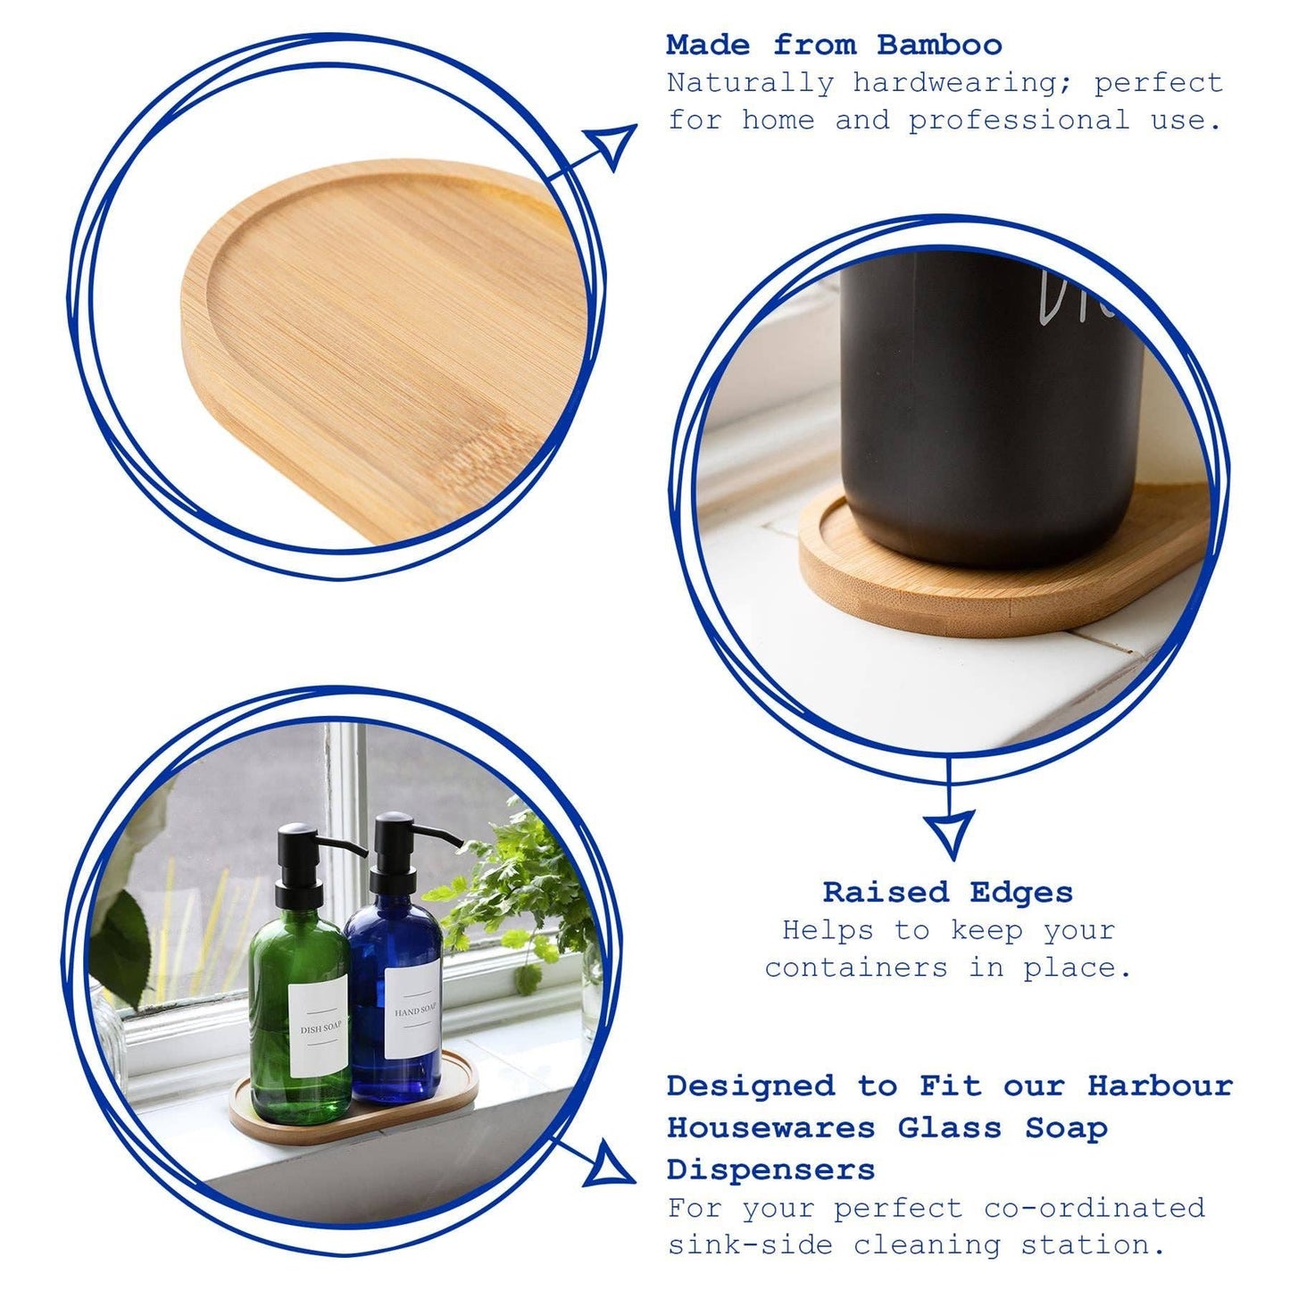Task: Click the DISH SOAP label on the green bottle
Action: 320,1027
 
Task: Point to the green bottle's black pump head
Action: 304,844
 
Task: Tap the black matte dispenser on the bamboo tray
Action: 991,402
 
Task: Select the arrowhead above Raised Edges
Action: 949,832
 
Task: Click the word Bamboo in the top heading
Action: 939,45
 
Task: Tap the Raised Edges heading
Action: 948,892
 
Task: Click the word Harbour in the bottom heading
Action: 1160,1086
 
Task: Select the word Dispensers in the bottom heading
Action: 770,1169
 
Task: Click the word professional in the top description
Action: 1019,121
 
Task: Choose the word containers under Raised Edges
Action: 855,968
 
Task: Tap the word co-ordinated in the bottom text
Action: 1094,1208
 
